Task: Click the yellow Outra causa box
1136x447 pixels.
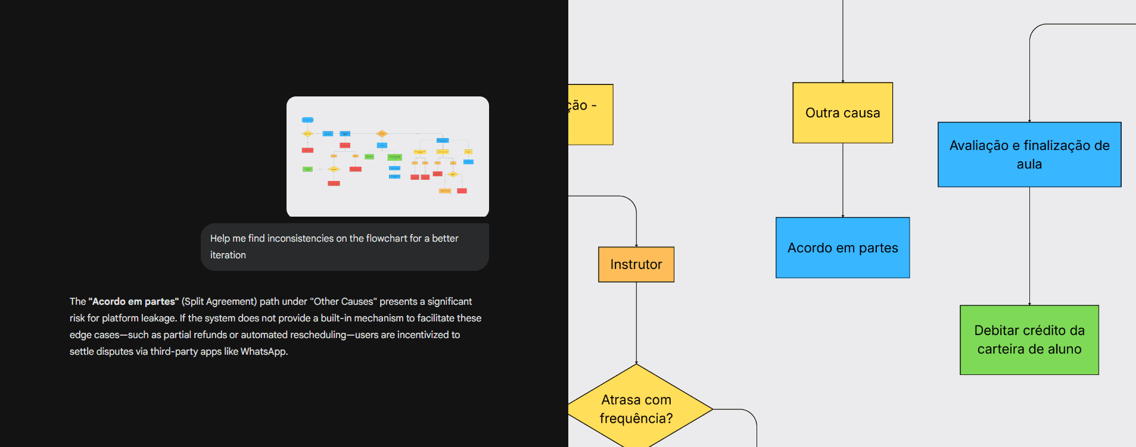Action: pyautogui.click(x=842, y=113)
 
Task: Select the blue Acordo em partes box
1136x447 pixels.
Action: pyautogui.click(x=842, y=248)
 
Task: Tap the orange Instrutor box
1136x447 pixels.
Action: pyautogui.click(x=636, y=264)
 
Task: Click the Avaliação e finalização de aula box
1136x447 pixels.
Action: pyautogui.click(x=1029, y=155)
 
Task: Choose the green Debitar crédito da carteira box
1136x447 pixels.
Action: pyautogui.click(x=1029, y=340)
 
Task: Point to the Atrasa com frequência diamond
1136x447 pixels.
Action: pyautogui.click(x=636, y=408)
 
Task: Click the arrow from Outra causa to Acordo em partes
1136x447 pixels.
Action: pyautogui.click(x=843, y=180)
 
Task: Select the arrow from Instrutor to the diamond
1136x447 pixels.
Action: pyautogui.click(x=636, y=323)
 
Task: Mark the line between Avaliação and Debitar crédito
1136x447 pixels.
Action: pyautogui.click(x=1029, y=246)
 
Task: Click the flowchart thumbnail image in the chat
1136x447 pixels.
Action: pyautogui.click(x=388, y=157)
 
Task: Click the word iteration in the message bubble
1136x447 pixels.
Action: pyautogui.click(x=228, y=255)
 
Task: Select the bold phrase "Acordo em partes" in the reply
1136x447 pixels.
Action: pyautogui.click(x=133, y=301)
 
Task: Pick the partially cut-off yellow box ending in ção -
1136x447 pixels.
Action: pyautogui.click(x=590, y=114)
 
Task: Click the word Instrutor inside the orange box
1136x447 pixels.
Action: pyautogui.click(x=636, y=264)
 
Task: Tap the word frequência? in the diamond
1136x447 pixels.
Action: pyautogui.click(x=636, y=418)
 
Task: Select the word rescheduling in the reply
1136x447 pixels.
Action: pyautogui.click(x=318, y=335)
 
